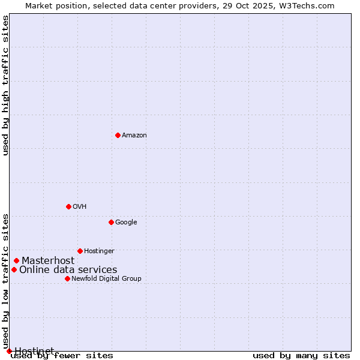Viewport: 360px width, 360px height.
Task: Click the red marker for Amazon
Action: click(118, 135)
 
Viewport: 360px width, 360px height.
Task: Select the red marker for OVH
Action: click(68, 206)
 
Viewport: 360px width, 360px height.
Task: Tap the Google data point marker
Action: click(111, 222)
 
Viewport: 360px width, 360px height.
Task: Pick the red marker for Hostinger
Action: click(80, 251)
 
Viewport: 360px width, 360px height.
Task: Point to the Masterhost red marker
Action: click(16, 260)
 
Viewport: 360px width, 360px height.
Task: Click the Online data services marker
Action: click(14, 269)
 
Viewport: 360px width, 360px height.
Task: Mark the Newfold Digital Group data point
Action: click(67, 278)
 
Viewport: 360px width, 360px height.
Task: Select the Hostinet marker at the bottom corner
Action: click(9, 351)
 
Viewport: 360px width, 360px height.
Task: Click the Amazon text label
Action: click(134, 136)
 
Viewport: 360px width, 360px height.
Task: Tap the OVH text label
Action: click(80, 207)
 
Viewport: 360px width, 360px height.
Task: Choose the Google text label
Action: click(126, 223)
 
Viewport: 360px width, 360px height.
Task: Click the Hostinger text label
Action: click(99, 251)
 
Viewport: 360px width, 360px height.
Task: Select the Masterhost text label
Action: click(48, 261)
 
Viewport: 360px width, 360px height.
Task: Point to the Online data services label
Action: click(68, 270)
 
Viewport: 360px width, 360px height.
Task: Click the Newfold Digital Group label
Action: click(106, 279)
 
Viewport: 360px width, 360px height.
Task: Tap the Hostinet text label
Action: click(34, 350)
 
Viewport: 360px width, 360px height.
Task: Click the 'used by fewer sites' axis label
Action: click(62, 356)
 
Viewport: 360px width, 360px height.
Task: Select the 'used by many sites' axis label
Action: click(301, 356)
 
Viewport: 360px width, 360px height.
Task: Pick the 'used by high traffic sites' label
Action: click(5, 85)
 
